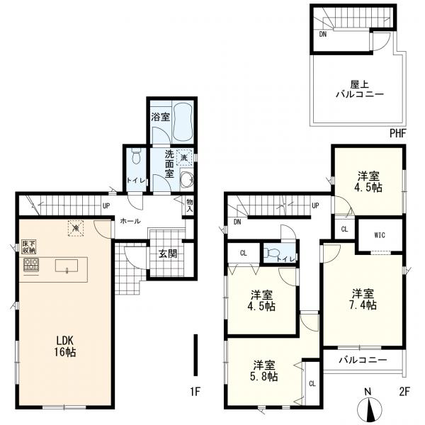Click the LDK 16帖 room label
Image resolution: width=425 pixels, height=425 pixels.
point(64,346)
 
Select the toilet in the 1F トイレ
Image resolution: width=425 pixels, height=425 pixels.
point(136,157)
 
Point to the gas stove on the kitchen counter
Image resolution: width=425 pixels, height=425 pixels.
point(31,264)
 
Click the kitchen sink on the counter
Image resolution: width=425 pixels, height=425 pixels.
point(67,266)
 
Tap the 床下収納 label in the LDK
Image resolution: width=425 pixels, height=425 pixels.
point(29,246)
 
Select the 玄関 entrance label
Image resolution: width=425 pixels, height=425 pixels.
point(168,254)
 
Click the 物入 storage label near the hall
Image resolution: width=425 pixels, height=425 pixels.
point(189,205)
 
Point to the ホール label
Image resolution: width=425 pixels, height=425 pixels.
point(130,221)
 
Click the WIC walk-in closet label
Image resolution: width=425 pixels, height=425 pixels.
point(380,235)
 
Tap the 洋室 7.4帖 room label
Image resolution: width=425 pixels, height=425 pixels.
point(363,299)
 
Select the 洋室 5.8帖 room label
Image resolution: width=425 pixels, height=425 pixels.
point(264,370)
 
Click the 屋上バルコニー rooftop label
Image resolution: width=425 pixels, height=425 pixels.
point(360,89)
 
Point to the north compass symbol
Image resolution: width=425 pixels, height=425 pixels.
point(370,409)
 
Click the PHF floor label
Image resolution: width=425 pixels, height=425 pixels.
point(398,133)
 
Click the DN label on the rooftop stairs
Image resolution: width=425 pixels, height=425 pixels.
point(322,35)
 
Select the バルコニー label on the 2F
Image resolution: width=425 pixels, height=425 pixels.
point(363,360)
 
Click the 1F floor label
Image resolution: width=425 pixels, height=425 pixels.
point(195,392)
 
